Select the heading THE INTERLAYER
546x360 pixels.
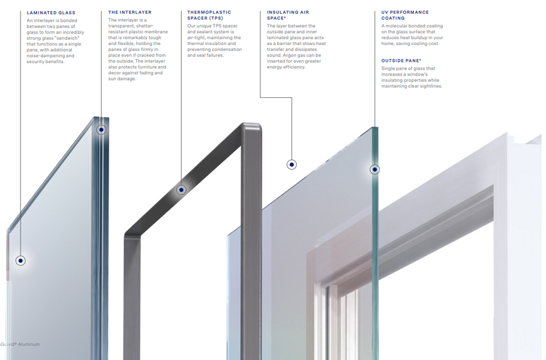pyautogui.click(x=130, y=12)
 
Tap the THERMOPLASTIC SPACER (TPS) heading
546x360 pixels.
pyautogui.click(x=209, y=15)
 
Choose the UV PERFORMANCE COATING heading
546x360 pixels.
pyautogui.click(x=405, y=15)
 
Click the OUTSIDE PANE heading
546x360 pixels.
pyautogui.click(x=401, y=61)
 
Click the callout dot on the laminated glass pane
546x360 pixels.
pyautogui.click(x=20, y=260)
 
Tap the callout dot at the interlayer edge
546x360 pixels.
pyautogui.click(x=101, y=129)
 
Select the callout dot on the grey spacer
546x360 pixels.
pyautogui.click(x=181, y=190)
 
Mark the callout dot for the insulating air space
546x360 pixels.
pyautogui.click(x=292, y=164)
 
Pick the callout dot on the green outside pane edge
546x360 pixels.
pyautogui.click(x=374, y=170)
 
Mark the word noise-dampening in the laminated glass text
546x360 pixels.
pyautogui.click(x=48, y=55)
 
